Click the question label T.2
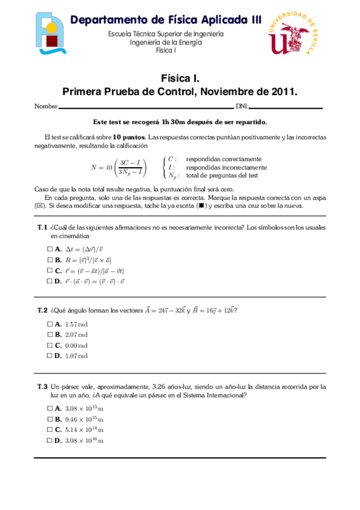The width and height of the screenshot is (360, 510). point(42,310)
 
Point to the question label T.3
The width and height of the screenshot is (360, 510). point(42,386)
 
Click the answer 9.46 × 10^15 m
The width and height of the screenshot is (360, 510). point(84,419)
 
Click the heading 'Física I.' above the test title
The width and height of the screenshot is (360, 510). point(180,79)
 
